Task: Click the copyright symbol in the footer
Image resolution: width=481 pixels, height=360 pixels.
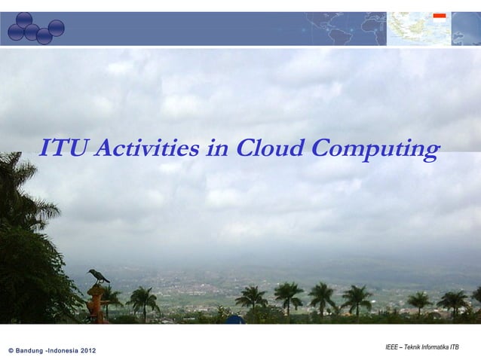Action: (x=11, y=352)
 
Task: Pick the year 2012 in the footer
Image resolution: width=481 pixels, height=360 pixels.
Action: (x=88, y=352)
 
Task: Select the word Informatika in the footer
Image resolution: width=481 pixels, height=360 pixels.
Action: (x=438, y=347)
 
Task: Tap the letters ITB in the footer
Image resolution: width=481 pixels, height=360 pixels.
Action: (x=455, y=347)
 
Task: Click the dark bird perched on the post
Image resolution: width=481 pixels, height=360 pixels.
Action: (x=98, y=276)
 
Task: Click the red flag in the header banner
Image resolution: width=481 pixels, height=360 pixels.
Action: (x=440, y=15)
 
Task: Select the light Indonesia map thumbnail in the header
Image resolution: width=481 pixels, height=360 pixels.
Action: (x=418, y=29)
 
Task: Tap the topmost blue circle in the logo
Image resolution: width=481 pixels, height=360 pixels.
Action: (x=24, y=20)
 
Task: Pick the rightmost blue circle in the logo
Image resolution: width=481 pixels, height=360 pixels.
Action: (x=56, y=28)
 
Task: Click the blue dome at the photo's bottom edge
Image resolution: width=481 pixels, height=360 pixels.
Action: (x=235, y=319)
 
